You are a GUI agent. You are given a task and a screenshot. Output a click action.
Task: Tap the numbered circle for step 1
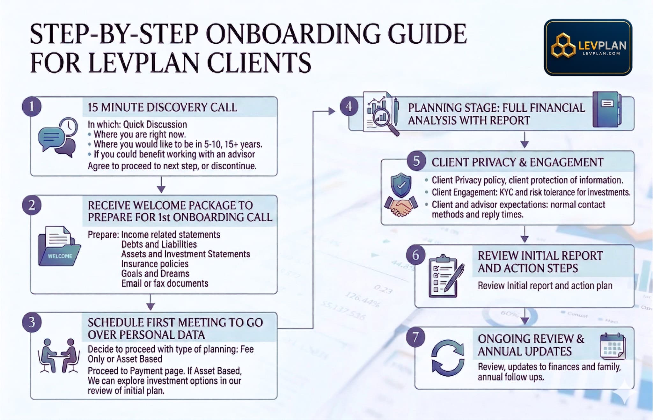coord(32,107)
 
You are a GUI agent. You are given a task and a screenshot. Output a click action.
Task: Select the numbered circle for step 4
coord(349,107)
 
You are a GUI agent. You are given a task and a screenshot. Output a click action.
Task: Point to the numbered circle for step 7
coord(415,337)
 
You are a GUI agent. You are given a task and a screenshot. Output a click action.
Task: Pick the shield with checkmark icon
coord(401,185)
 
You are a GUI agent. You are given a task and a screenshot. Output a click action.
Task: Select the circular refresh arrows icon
coord(447,358)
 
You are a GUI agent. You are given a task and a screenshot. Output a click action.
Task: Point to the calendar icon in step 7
coord(613,346)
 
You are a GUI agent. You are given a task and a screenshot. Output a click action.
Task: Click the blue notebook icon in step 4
coord(606,109)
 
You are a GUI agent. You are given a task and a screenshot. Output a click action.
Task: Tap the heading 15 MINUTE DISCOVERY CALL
coord(162,107)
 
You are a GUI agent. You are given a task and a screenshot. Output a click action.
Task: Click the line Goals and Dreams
coord(155,274)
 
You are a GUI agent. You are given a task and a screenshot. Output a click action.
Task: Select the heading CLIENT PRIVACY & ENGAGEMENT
coord(517,162)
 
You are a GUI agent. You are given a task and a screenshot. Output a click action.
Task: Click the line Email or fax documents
coord(165,284)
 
